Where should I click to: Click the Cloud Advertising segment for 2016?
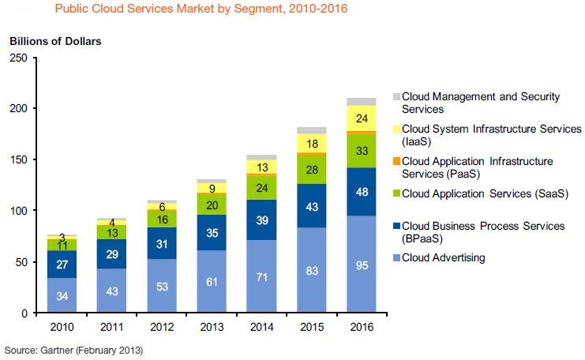pos(362,264)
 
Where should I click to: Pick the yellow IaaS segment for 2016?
pos(362,118)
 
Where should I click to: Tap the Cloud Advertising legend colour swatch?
pos(396,257)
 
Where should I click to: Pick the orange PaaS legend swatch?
pos(396,162)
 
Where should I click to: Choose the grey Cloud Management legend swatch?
pos(396,97)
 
